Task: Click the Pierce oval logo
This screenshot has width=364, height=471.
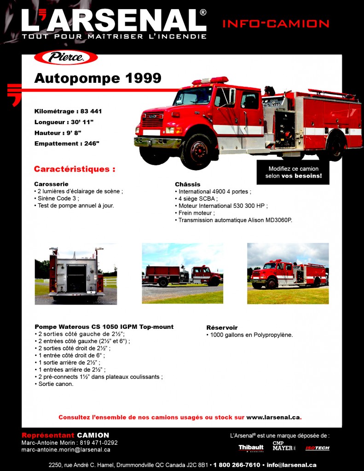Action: tap(66, 57)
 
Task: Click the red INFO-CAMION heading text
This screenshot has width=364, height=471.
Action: tap(276, 23)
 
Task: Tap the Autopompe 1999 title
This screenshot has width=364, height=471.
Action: tap(98, 78)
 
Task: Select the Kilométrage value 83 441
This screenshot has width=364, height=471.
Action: tap(91, 111)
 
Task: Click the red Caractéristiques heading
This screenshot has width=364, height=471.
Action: tap(75, 169)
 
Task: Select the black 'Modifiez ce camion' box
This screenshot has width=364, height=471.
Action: tap(293, 172)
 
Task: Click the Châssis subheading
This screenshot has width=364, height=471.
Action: tap(187, 184)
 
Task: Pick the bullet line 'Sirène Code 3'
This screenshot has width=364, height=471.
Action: tap(58, 199)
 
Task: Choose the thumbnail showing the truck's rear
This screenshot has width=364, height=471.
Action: tap(75, 274)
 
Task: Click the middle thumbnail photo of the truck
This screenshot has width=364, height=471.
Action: tap(182, 273)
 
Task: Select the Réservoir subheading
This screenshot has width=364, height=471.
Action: tap(222, 328)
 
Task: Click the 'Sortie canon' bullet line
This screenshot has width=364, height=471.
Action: tap(55, 384)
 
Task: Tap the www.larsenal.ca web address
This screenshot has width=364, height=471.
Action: tap(273, 417)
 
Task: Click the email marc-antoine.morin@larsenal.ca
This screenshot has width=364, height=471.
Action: tap(66, 450)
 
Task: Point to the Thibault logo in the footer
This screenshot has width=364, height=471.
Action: tap(251, 448)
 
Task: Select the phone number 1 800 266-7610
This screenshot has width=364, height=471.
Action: tap(237, 465)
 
